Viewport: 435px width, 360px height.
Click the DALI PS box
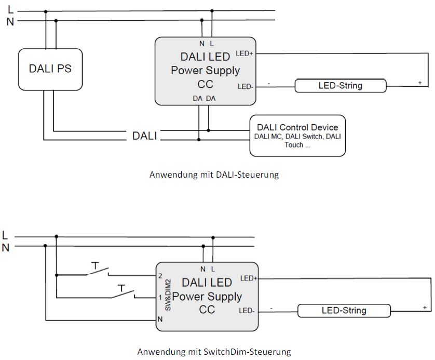tap(50, 69)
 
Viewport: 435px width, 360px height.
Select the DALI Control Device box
tap(297, 136)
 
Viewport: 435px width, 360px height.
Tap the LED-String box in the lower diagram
tap(344, 311)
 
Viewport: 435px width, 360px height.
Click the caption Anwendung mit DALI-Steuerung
tap(214, 175)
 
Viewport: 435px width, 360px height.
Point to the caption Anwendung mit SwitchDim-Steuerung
tap(214, 352)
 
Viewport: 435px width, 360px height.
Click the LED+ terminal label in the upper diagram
tap(244, 54)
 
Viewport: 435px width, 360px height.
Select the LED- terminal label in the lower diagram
tap(246, 311)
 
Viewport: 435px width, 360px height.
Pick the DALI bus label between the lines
tap(145, 136)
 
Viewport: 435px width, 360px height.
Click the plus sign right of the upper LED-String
tap(419, 83)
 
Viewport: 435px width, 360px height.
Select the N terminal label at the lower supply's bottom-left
tap(160, 319)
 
